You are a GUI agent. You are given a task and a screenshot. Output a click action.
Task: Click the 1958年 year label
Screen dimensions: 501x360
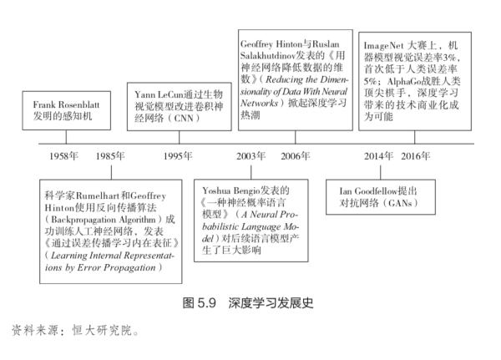63,155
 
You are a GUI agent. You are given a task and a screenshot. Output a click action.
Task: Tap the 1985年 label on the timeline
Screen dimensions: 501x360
110,155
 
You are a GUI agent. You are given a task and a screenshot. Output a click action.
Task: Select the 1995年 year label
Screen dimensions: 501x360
178,155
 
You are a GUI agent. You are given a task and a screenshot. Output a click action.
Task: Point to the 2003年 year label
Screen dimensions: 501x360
250,155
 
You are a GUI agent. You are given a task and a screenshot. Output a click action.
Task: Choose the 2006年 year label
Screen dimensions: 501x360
296,155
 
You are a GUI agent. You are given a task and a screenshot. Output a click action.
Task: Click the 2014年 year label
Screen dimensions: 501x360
378,155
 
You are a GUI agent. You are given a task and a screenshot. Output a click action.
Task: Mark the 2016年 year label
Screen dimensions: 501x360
415,155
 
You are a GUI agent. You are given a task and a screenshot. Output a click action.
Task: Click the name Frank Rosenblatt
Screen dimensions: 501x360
66,105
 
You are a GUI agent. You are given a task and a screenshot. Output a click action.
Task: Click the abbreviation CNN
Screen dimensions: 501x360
184,119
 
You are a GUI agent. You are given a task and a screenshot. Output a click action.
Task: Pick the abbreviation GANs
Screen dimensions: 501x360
400,203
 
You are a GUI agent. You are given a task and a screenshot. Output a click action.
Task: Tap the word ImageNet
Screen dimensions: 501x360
384,46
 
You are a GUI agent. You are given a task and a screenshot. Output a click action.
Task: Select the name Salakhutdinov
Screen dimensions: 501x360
268,56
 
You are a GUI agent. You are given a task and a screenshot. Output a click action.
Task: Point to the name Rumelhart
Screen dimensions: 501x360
98,195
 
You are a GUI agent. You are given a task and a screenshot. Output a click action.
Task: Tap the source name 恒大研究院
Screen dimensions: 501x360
102,330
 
